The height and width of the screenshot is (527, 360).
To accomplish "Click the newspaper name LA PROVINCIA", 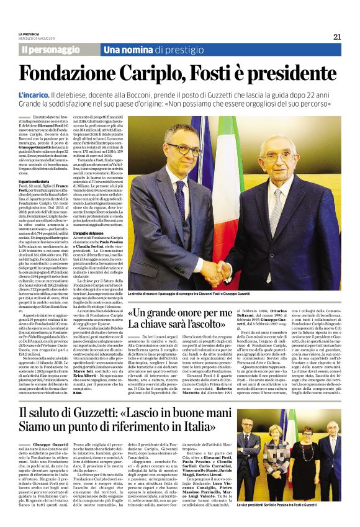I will [30, 34].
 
